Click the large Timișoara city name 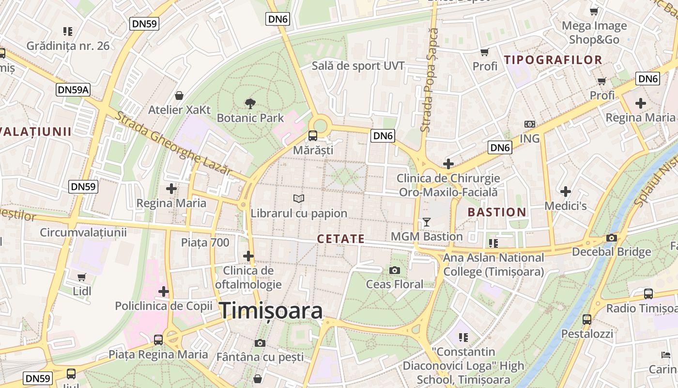click(x=271, y=311)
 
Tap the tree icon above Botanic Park click(x=250, y=103)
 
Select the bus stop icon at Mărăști click(x=313, y=136)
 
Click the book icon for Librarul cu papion click(x=299, y=198)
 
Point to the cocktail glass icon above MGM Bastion click(x=426, y=222)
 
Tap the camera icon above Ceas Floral click(x=395, y=270)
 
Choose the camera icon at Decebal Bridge click(x=612, y=238)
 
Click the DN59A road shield click(x=74, y=89)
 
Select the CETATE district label click(x=340, y=239)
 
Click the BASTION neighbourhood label click(x=497, y=212)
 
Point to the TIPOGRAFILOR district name click(x=553, y=60)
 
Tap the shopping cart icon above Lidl click(x=82, y=277)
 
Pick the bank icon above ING click(x=529, y=124)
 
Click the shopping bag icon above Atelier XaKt click(x=179, y=96)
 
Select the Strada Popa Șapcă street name click(x=429, y=80)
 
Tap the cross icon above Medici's click(x=565, y=192)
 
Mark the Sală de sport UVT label click(x=358, y=65)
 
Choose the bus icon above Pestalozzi click(x=587, y=319)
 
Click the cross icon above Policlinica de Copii click(x=164, y=291)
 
